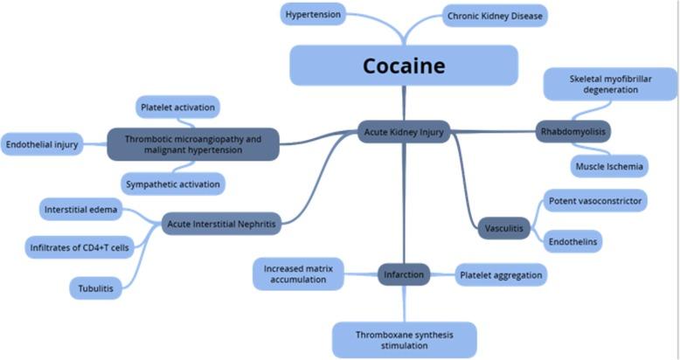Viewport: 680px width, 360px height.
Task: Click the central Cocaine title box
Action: [x=404, y=66]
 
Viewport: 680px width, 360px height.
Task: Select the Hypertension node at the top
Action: [x=313, y=14]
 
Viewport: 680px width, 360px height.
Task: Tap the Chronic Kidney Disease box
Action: [x=495, y=16]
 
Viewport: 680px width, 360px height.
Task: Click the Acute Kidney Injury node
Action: [x=404, y=132]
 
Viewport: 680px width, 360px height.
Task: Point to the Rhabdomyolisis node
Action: [x=572, y=132]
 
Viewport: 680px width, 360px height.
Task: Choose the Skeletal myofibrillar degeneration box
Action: [x=609, y=84]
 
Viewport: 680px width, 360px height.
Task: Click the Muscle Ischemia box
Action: [x=610, y=166]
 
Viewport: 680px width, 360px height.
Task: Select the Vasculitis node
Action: [x=505, y=229]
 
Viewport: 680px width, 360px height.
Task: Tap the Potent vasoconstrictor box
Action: [x=595, y=201]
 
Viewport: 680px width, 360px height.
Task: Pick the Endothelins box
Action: [x=573, y=240]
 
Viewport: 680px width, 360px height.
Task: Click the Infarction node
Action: [x=404, y=275]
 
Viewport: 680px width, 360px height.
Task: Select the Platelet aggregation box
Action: [x=501, y=275]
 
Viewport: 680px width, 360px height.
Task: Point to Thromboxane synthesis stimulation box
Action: [x=404, y=339]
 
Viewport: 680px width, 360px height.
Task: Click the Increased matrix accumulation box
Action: [x=294, y=273]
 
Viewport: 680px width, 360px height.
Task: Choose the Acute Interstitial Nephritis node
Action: [x=221, y=225]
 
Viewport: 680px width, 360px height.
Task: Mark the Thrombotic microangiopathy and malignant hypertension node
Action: [x=193, y=144]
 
